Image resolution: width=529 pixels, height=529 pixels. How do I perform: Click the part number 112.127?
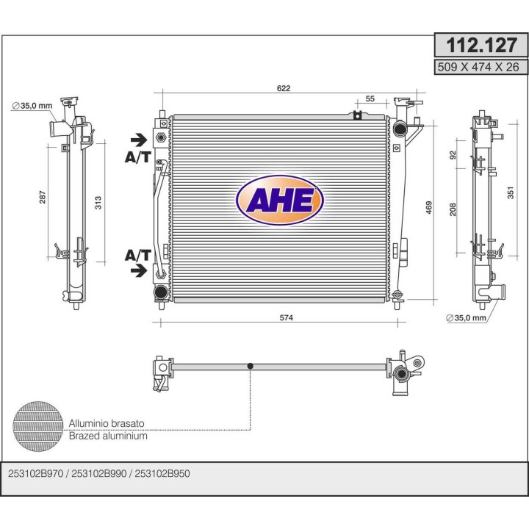[481, 46]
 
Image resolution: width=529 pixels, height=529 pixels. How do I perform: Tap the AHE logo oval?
[280, 200]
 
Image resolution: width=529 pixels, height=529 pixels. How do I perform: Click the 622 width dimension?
[284, 88]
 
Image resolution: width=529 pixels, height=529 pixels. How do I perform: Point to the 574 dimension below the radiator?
[286, 317]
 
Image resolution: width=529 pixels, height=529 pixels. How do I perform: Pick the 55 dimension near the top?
[370, 98]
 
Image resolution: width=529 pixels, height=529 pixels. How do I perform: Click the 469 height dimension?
[429, 208]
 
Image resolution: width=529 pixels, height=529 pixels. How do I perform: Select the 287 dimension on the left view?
[42, 197]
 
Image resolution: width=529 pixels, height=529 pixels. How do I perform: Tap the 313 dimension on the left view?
[98, 203]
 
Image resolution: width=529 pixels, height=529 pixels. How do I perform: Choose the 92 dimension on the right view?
[453, 155]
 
